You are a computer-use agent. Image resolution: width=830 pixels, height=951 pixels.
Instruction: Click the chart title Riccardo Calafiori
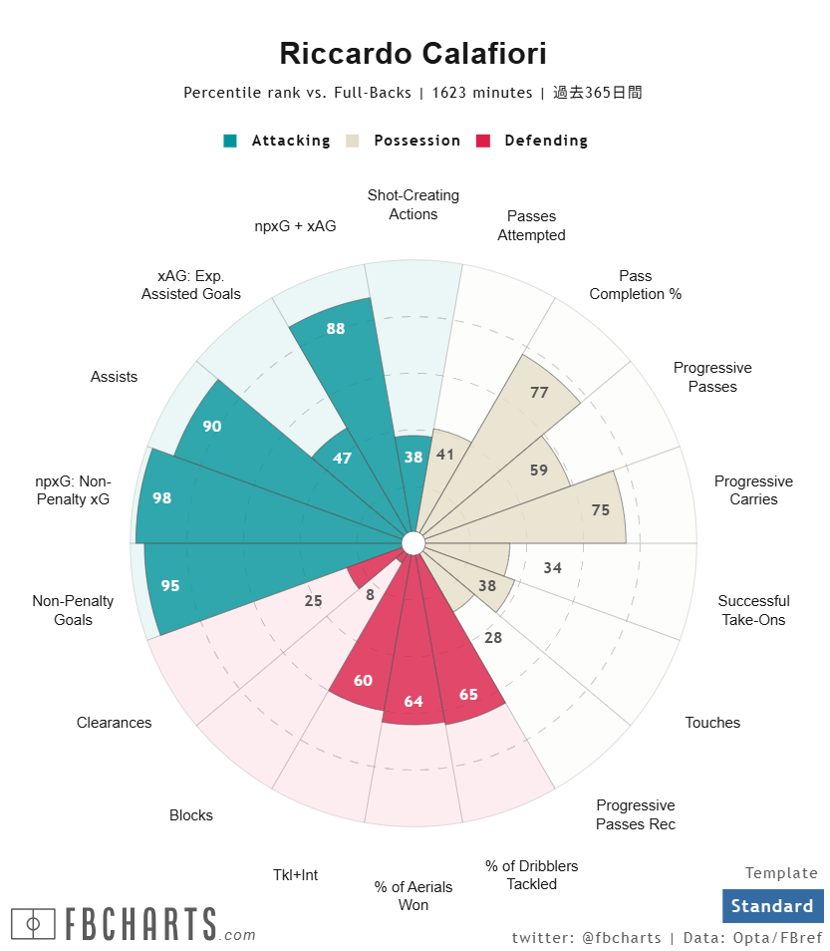(x=413, y=54)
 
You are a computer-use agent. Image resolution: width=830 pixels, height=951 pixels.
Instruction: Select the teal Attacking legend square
(x=230, y=141)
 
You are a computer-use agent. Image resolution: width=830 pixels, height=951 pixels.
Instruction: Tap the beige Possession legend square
(x=353, y=141)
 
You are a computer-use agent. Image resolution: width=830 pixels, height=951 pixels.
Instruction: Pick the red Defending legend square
(x=483, y=141)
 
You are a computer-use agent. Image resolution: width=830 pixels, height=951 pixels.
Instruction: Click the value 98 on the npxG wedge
(x=162, y=497)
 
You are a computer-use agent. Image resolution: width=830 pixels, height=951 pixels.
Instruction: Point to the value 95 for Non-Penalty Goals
(x=170, y=585)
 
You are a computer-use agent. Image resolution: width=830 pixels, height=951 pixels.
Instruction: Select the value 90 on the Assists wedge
(x=211, y=426)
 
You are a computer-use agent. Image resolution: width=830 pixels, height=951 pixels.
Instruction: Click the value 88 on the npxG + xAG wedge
(x=336, y=328)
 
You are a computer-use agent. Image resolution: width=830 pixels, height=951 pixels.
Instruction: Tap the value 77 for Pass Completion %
(x=539, y=393)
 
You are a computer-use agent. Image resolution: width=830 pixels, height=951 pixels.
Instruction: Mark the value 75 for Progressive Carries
(x=601, y=509)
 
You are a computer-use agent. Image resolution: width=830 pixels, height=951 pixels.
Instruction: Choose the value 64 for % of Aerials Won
(x=413, y=702)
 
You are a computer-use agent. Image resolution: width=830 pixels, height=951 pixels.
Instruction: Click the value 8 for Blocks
(x=370, y=595)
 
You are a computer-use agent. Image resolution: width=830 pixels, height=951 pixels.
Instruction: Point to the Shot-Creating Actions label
(x=414, y=204)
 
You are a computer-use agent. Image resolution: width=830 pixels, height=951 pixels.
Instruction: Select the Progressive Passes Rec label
(x=636, y=814)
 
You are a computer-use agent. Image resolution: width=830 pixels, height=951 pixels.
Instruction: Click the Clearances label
(x=115, y=723)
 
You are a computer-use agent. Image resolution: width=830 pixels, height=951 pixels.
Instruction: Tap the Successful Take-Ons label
(x=753, y=610)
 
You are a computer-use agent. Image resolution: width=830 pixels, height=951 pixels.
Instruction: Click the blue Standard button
(x=772, y=906)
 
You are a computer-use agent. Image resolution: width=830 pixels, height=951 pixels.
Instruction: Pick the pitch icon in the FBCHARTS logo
(x=33, y=924)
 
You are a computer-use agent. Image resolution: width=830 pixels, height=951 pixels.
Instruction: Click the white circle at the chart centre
(x=413, y=542)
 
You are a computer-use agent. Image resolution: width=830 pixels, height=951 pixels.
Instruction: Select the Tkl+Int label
(x=296, y=875)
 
